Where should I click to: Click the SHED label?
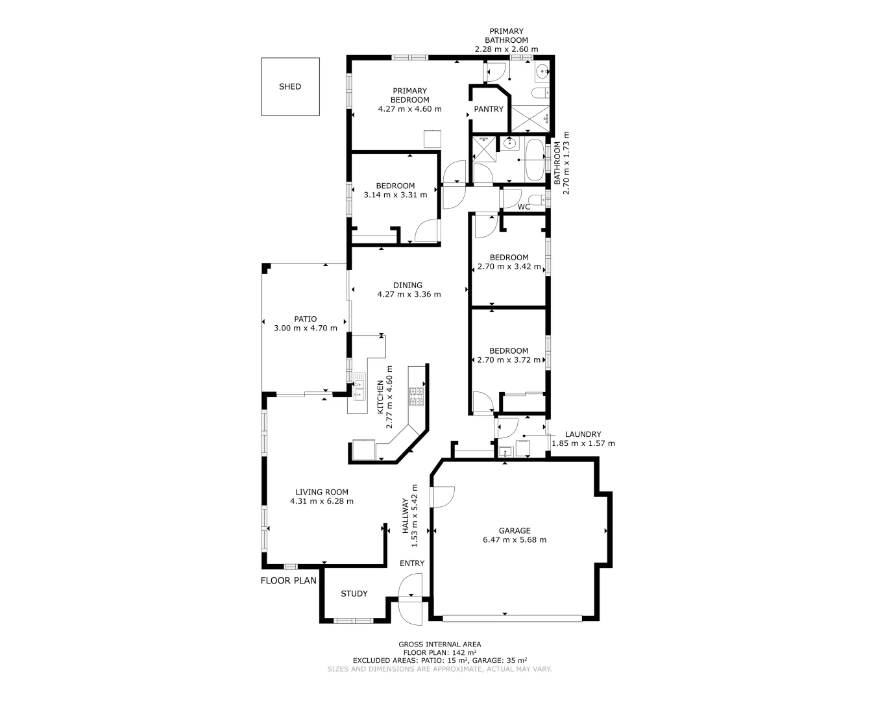click(x=290, y=86)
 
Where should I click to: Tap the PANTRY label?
click(x=488, y=109)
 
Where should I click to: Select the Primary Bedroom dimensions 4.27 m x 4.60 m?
click(x=409, y=109)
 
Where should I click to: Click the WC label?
click(x=524, y=207)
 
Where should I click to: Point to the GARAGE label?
click(x=515, y=530)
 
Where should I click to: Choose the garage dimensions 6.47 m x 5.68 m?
click(x=515, y=540)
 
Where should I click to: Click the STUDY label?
click(x=354, y=593)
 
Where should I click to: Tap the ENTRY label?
click(x=412, y=563)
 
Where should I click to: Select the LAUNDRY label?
click(x=583, y=434)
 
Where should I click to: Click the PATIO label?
click(x=305, y=319)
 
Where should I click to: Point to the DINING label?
click(x=408, y=285)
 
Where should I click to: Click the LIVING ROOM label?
click(x=322, y=492)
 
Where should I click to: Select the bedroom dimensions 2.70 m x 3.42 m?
click(x=509, y=266)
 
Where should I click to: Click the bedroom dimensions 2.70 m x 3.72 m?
click(x=509, y=360)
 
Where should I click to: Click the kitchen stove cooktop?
click(x=415, y=397)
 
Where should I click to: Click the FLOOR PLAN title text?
click(x=289, y=580)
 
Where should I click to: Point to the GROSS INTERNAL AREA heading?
click(x=439, y=645)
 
